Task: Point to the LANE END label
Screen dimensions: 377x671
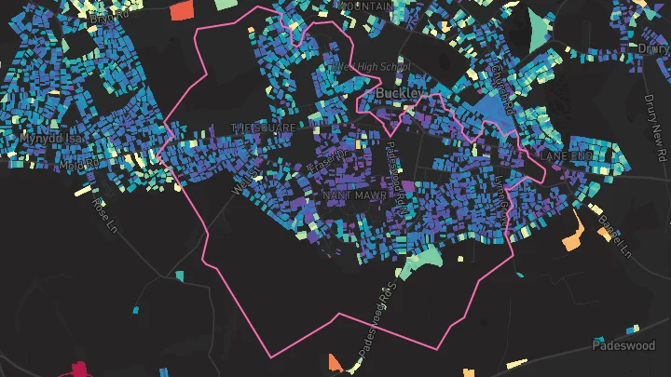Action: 566,155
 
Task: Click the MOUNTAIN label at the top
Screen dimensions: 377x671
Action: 366,6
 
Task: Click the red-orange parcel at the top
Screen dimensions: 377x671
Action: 182,10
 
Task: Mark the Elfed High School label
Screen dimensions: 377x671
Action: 370,67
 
